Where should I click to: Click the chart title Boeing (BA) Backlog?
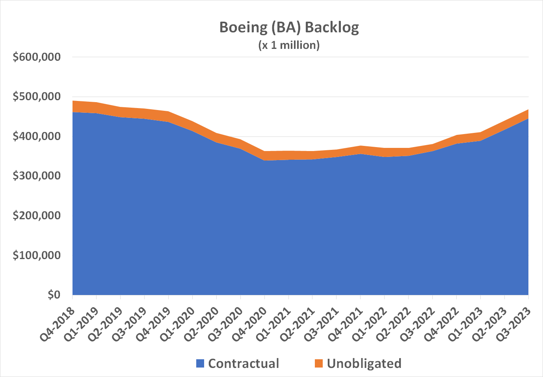289,28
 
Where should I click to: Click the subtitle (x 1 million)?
289,45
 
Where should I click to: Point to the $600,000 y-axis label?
37,57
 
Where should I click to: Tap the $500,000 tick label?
37,97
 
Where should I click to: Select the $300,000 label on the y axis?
37,176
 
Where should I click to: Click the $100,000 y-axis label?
37,255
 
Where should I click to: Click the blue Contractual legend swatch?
200,364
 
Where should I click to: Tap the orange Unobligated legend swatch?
319,364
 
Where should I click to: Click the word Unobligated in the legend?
364,364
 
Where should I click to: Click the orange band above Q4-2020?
265,156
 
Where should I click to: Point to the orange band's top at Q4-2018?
73,101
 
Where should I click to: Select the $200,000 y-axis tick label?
37,216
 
